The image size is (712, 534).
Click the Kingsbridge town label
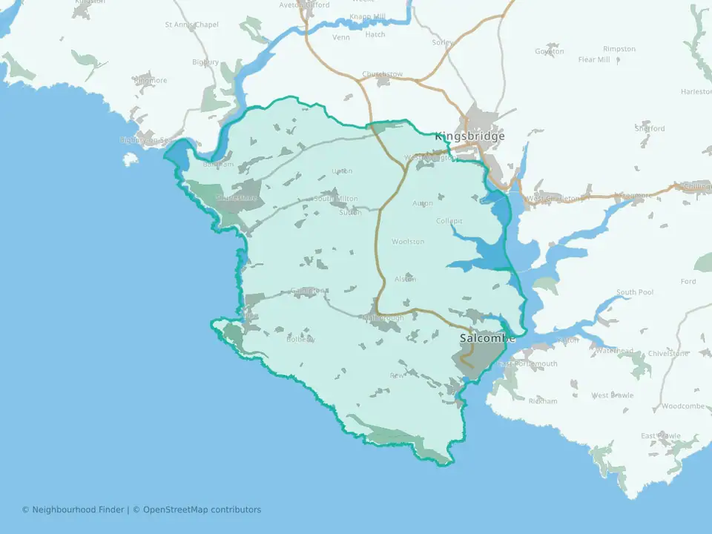(469, 136)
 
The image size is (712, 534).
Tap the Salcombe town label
(487, 338)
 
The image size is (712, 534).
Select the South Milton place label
(335, 199)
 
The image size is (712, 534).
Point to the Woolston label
(408, 242)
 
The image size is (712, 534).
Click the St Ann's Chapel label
(191, 24)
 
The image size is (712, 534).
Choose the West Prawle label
(612, 395)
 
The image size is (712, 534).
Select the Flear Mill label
(593, 59)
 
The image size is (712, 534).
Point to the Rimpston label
(619, 49)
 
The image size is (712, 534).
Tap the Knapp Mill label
(369, 16)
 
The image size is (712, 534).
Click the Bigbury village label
(205, 62)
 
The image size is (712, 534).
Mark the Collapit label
(449, 221)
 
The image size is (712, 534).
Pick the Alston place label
(405, 279)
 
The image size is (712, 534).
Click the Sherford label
(650, 128)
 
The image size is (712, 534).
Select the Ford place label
(688, 282)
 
